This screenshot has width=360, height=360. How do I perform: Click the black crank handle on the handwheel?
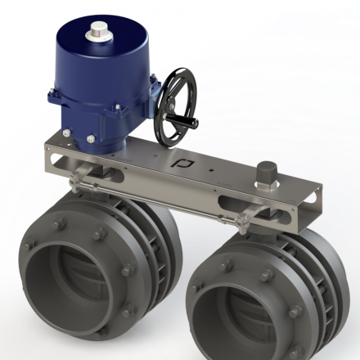point(187,124)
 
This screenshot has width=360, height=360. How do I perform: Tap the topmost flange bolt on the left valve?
point(58,222)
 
